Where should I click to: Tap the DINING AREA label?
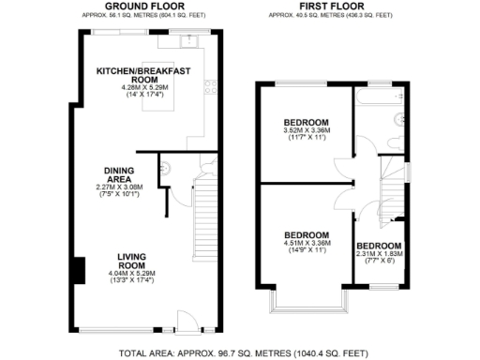(124, 175)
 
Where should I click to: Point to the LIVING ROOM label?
(137, 261)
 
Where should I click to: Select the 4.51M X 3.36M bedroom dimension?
(307, 244)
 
